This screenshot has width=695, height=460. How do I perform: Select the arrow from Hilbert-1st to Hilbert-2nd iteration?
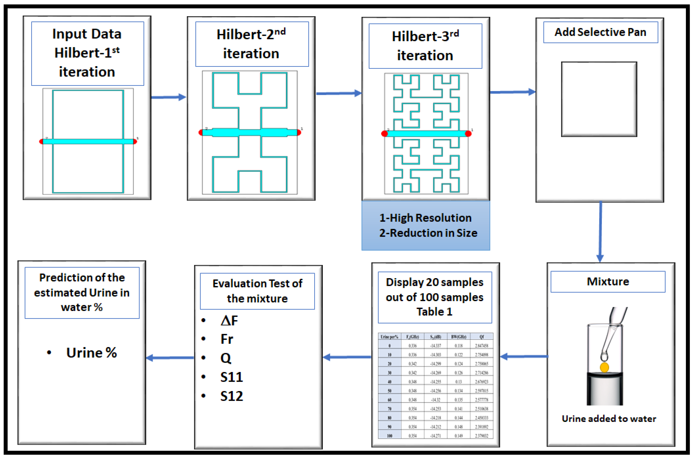168,97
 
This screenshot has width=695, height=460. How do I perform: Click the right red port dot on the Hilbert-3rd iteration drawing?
468,134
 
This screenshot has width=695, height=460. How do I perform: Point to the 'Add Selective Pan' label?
600,32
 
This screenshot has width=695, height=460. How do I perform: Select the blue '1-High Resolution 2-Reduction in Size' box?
425,225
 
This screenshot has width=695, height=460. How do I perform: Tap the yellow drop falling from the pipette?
604,367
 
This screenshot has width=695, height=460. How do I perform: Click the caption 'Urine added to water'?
609,419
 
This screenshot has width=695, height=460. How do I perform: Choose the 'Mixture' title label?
608,282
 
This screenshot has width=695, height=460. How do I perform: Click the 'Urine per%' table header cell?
389,337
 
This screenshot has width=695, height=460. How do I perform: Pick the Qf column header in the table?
481,337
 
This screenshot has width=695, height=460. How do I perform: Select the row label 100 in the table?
389,436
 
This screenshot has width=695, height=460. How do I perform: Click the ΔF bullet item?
229,321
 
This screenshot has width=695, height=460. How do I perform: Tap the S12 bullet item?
231,396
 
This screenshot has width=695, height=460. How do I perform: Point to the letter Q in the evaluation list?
226,358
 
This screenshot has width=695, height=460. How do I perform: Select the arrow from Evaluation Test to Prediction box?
170,358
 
